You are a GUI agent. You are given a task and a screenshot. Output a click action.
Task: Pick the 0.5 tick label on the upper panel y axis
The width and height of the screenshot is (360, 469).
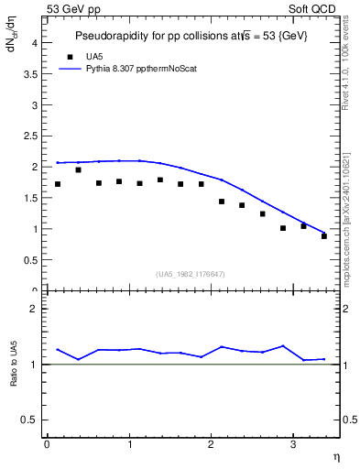(x=30, y=260)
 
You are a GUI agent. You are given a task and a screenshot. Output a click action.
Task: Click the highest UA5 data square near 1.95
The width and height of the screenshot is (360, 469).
(x=78, y=169)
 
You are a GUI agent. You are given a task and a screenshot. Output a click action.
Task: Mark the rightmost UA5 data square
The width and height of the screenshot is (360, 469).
(x=324, y=236)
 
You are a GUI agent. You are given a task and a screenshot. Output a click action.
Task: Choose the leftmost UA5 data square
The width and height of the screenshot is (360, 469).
(x=58, y=184)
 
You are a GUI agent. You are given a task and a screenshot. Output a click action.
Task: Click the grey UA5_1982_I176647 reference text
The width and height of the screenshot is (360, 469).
(x=191, y=273)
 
